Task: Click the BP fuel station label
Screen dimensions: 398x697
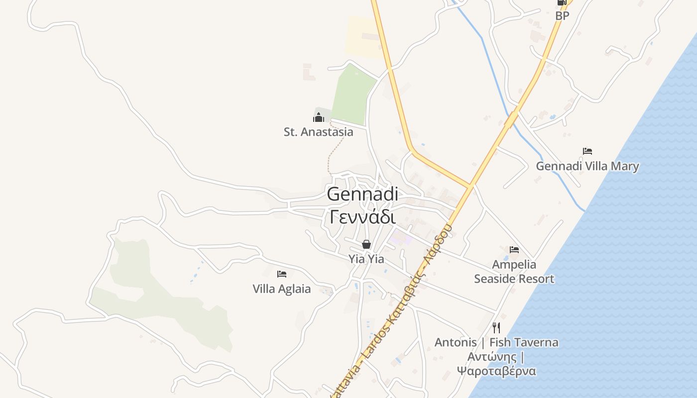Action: pyautogui.click(x=562, y=16)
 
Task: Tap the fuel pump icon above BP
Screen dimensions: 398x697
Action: pyautogui.click(x=562, y=2)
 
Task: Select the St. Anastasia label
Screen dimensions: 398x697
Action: pyautogui.click(x=319, y=132)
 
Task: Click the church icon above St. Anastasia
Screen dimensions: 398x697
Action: pyautogui.click(x=319, y=117)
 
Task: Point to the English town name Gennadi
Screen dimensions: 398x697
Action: pyautogui.click(x=362, y=194)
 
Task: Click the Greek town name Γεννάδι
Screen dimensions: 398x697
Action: pyautogui.click(x=362, y=217)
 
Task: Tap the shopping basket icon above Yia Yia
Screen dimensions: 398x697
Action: pyautogui.click(x=366, y=244)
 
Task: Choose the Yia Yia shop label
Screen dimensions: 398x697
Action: pyautogui.click(x=366, y=259)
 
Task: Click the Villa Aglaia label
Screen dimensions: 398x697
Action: pyautogui.click(x=282, y=289)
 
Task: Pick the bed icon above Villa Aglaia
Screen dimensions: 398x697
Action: pyautogui.click(x=282, y=274)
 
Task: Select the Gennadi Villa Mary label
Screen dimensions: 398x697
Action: pyautogui.click(x=587, y=166)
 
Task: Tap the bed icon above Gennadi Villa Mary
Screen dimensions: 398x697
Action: pyautogui.click(x=587, y=151)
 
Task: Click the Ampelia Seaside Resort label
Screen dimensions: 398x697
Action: pyautogui.click(x=514, y=272)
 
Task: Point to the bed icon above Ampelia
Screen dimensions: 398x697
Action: pyautogui.click(x=514, y=249)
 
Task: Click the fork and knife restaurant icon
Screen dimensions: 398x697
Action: pyautogui.click(x=496, y=327)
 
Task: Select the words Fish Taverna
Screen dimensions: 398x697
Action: pyautogui.click(x=524, y=342)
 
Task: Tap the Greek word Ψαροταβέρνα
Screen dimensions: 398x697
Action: pyautogui.click(x=496, y=371)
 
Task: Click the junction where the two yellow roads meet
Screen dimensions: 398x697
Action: pyautogui.click(x=469, y=187)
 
